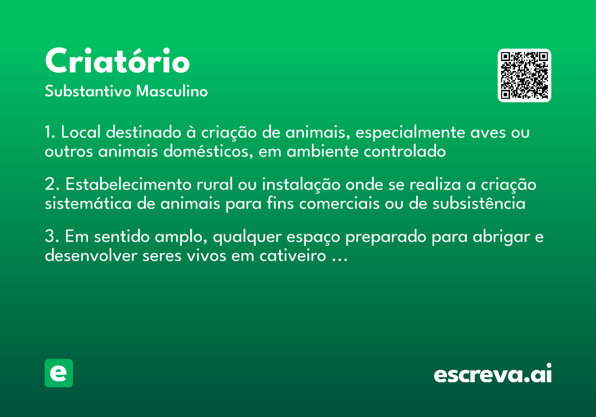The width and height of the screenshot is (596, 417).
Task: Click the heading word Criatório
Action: point(117,62)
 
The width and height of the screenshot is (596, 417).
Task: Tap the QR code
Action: point(524,75)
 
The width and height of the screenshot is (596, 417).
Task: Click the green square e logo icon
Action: point(59,373)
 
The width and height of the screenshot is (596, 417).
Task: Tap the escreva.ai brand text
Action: point(493,374)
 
